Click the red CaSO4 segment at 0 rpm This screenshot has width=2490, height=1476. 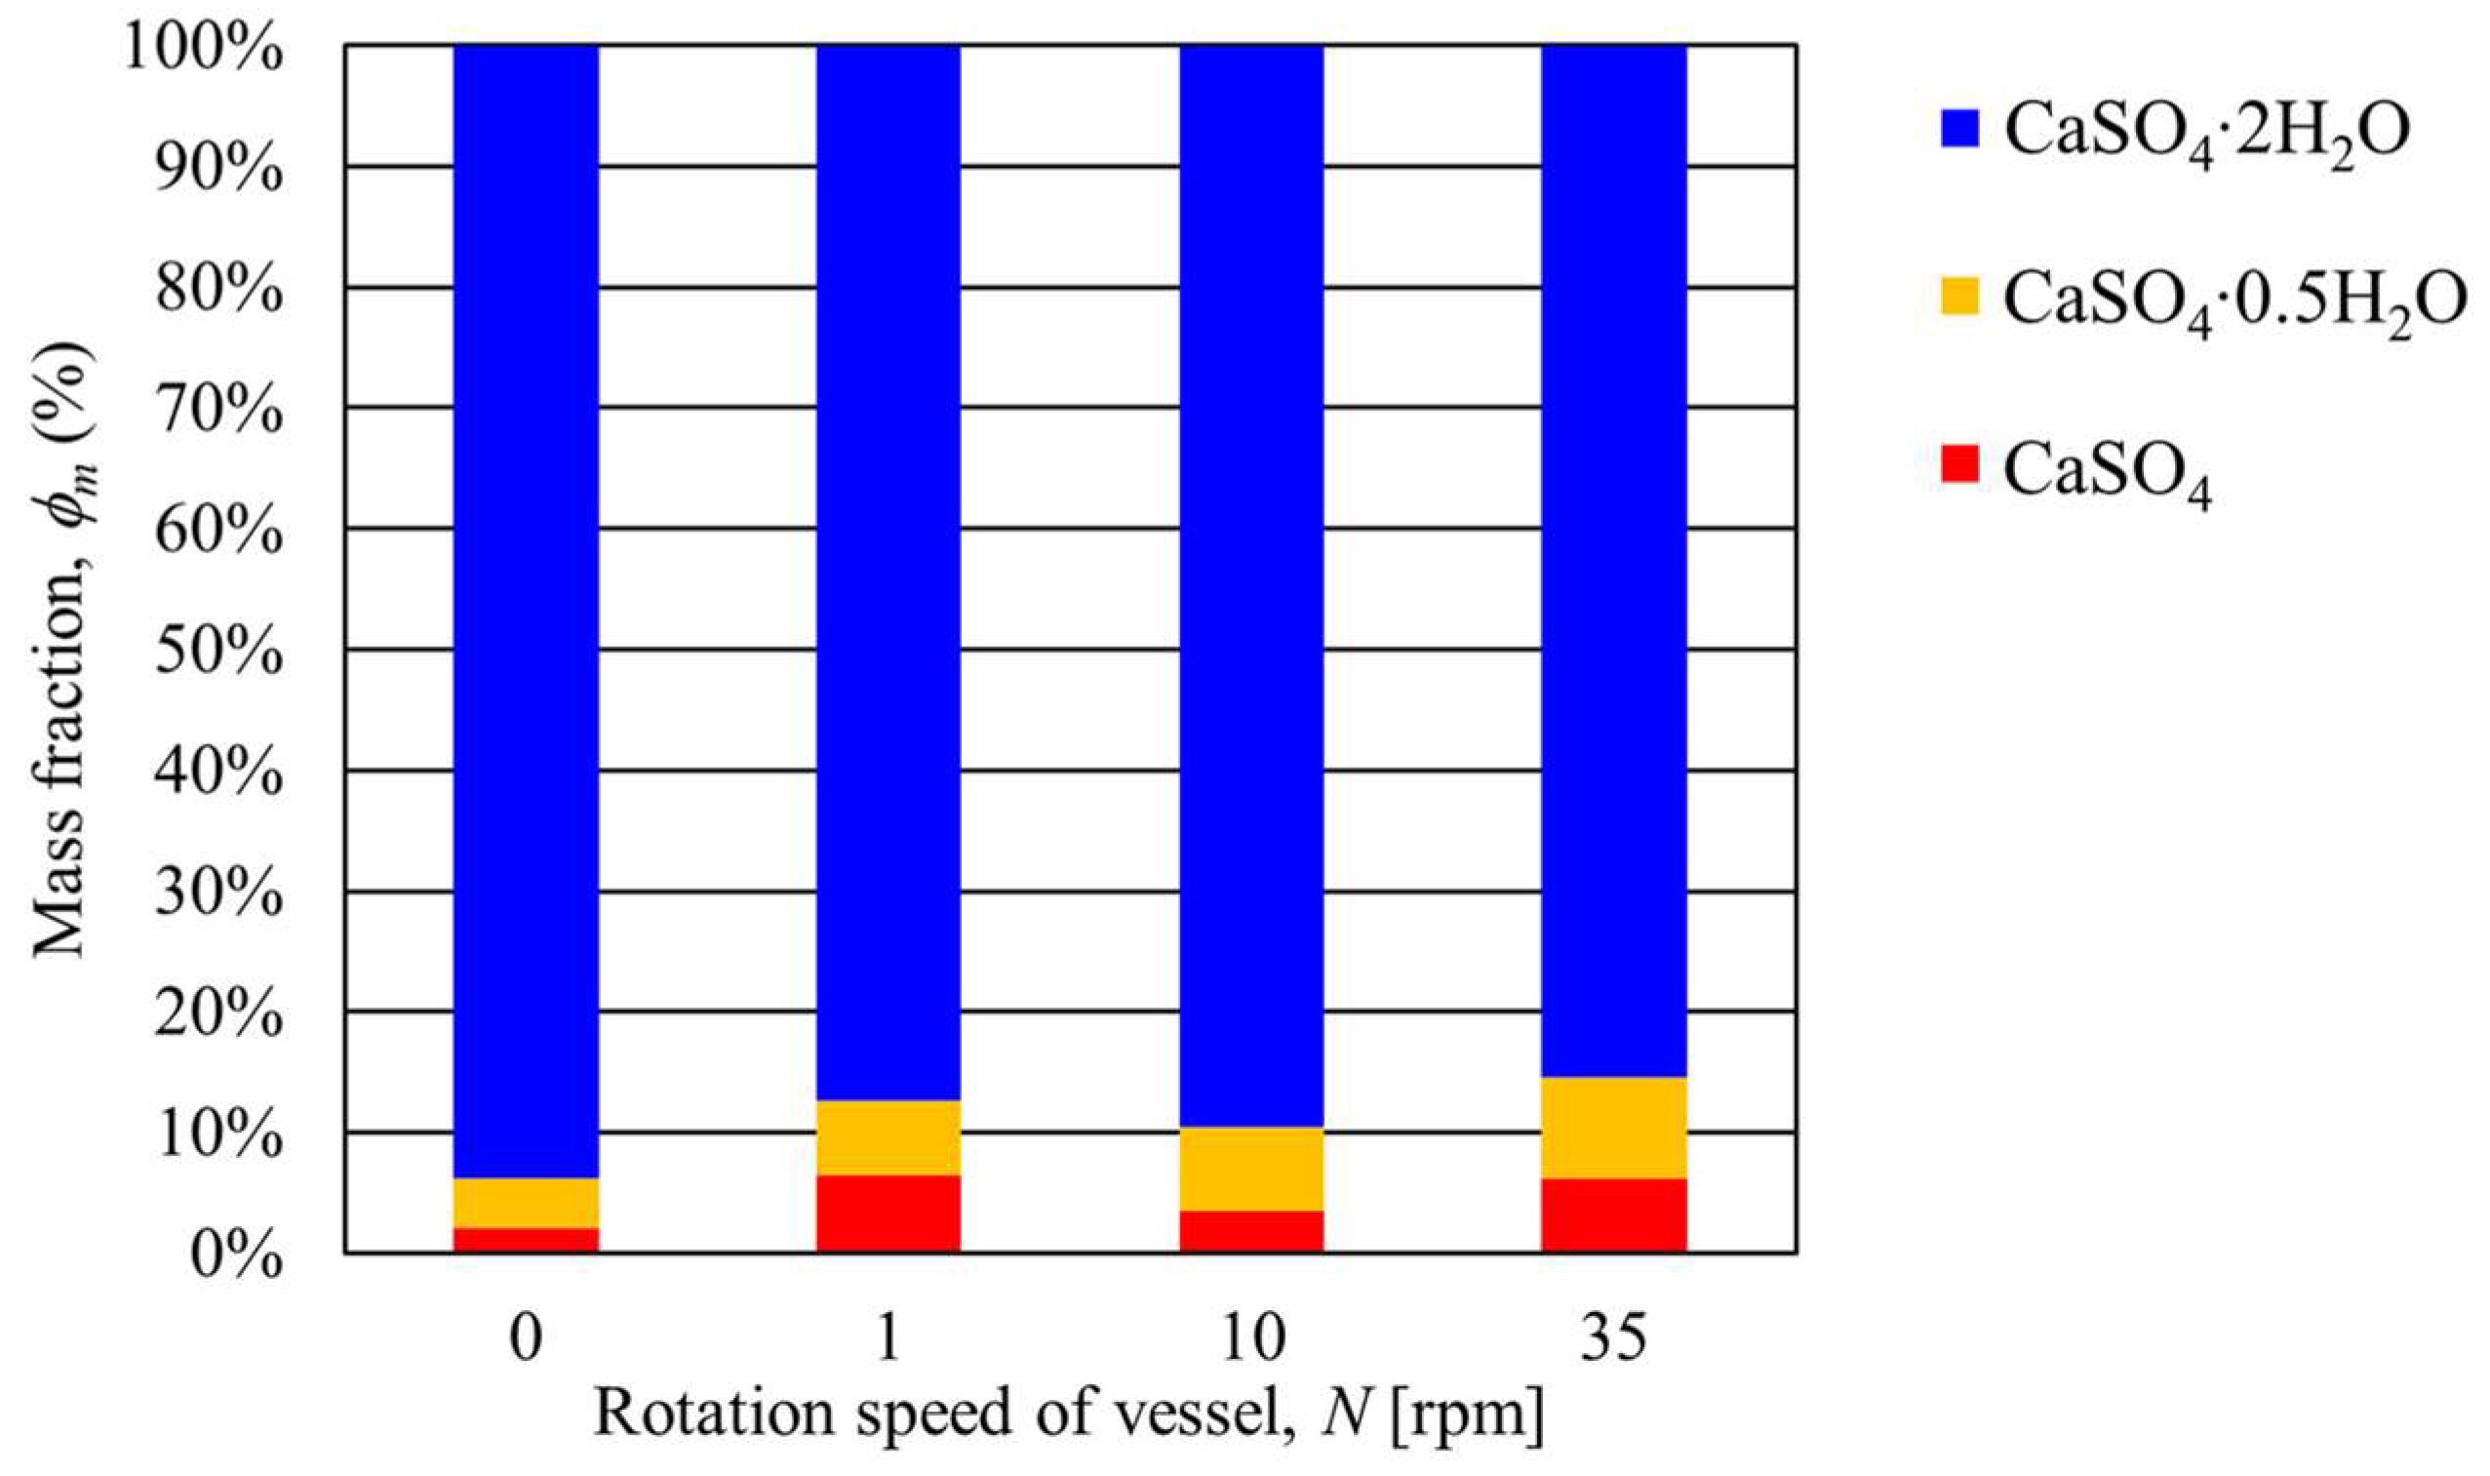pos(525,1239)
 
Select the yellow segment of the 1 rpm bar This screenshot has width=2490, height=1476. pos(888,1137)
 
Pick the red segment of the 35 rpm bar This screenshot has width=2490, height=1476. pos(1614,1215)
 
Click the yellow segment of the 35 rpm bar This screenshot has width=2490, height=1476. pos(1614,1128)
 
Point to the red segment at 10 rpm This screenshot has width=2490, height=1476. pos(1251,1231)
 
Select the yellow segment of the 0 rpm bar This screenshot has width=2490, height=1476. pos(525,1203)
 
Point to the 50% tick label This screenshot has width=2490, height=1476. pos(217,652)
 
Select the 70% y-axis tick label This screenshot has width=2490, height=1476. pos(217,410)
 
